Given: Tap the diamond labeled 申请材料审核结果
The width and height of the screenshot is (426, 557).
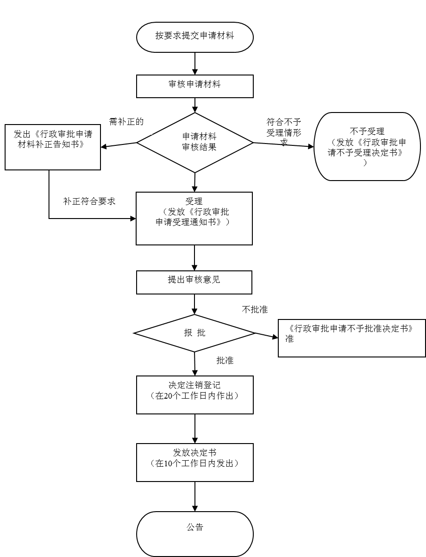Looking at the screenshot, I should point(195,143).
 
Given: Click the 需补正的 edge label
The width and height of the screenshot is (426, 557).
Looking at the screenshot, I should point(126,123).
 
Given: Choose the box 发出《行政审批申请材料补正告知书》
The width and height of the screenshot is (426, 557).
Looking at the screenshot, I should point(53,147).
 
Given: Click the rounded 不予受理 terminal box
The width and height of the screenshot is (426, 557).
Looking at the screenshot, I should point(367,146).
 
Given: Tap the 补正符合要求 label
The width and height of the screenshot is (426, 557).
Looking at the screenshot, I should point(89,202).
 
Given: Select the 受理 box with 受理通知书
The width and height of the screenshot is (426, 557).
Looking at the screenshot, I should point(194,218).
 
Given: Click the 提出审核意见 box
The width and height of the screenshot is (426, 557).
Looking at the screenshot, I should point(194,282).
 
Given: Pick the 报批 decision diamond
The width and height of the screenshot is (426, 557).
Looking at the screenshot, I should point(194,333).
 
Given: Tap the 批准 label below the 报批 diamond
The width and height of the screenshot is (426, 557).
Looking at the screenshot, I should point(225,361).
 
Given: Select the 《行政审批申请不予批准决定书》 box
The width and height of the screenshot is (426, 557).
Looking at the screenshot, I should point(351,338).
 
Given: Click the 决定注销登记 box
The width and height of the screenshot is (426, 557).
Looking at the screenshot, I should point(195,394).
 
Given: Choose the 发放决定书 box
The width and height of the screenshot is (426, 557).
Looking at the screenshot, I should point(195,462).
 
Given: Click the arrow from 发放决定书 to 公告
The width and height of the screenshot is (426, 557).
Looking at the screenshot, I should point(195,496).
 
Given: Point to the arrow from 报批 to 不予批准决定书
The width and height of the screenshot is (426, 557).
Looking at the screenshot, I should point(267,335).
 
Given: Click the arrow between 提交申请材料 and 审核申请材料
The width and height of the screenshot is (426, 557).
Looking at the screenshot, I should point(195,64).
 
